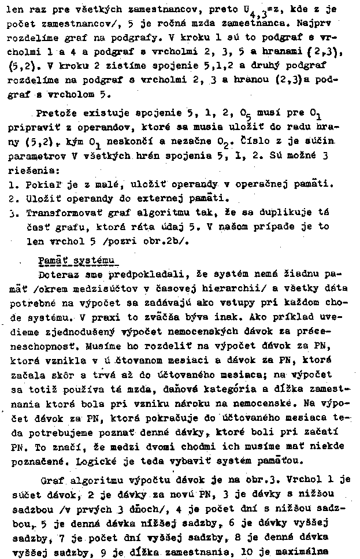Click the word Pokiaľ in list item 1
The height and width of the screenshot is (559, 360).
[44, 184]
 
